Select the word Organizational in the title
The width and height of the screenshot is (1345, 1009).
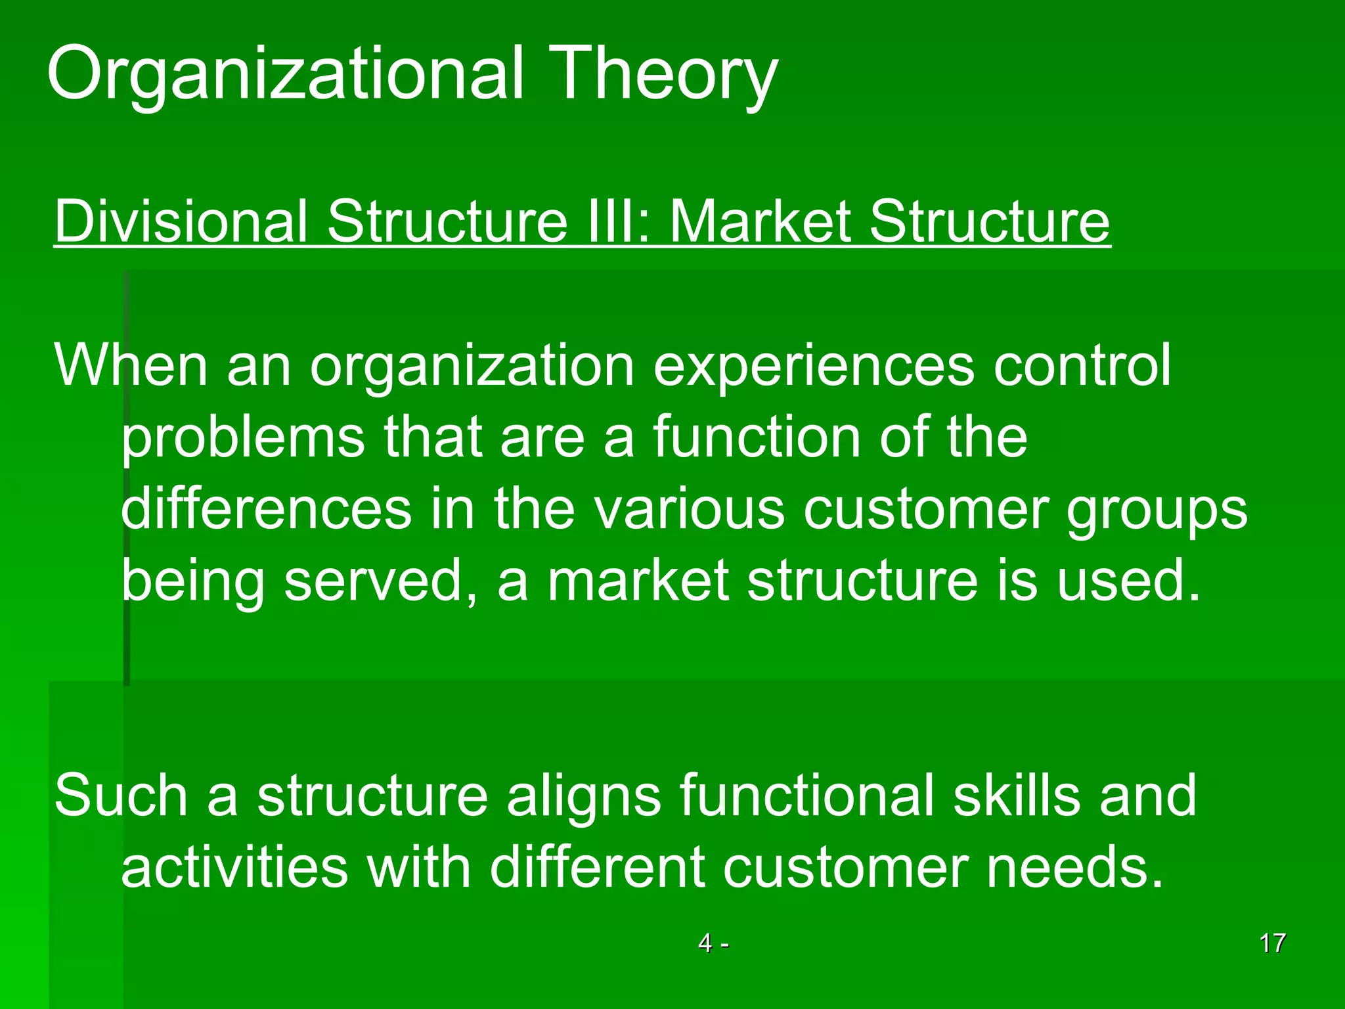286,74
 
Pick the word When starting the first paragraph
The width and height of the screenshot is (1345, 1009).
131,365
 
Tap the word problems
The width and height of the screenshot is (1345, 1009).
243,439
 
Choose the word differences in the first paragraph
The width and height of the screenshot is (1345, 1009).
266,510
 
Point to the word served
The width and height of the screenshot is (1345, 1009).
374,582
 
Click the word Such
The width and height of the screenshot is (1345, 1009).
121,796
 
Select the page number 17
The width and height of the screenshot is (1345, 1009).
1272,943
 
